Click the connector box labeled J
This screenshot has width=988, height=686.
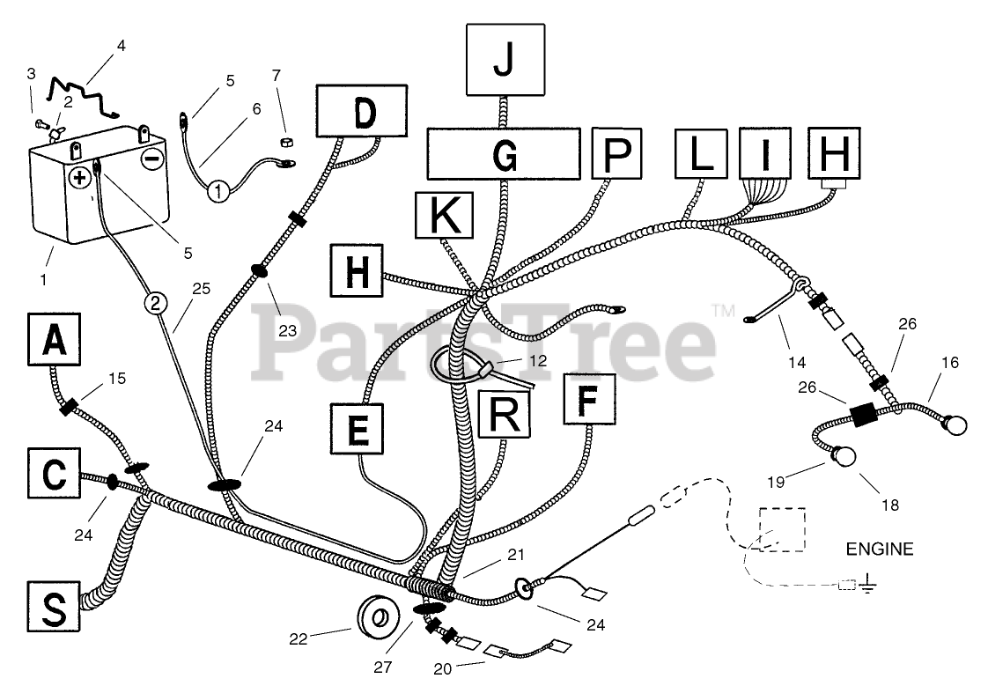pos(505,59)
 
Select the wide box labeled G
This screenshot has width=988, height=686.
pos(503,153)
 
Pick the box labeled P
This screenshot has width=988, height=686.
pos(617,153)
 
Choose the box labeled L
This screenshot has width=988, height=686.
pos(701,153)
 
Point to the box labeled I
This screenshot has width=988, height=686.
pos(765,153)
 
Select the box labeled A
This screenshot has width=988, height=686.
pos(54,340)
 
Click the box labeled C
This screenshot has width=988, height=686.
pos(53,476)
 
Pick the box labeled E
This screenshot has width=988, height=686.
pos(358,430)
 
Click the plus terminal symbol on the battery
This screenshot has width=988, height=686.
pos(80,177)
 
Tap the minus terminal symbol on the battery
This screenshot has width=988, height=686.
pos(151,160)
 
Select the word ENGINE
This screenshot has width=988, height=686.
pos(879,550)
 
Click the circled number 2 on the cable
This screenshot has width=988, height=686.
pos(155,305)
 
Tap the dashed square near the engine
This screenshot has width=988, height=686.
pos(780,527)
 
